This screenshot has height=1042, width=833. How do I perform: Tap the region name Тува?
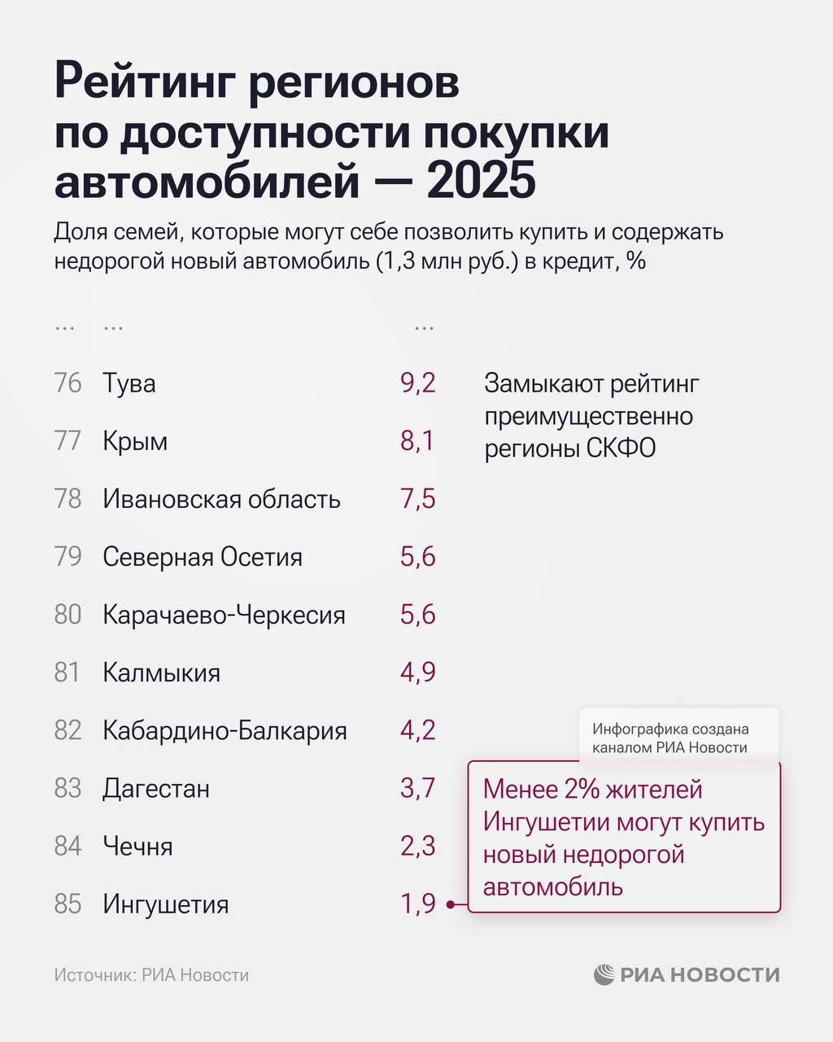(x=129, y=383)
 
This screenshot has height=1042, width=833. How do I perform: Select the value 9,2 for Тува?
(x=417, y=383)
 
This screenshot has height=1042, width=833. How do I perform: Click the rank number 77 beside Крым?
(x=68, y=441)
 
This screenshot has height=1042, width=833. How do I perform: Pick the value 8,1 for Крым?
(x=417, y=441)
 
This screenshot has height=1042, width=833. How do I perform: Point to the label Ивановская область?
(x=221, y=499)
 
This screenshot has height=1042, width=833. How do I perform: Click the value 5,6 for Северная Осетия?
(x=417, y=557)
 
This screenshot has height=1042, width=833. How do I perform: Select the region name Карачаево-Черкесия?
(x=224, y=615)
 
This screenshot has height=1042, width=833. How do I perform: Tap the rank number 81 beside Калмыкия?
(x=68, y=672)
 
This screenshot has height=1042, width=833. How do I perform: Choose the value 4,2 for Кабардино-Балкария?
(x=417, y=730)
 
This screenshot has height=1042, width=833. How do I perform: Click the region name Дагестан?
(x=156, y=788)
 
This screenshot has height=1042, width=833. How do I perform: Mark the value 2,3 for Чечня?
(x=417, y=846)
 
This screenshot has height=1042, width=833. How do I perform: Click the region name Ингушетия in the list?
(x=165, y=904)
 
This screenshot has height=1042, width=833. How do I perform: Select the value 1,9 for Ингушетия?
(x=417, y=904)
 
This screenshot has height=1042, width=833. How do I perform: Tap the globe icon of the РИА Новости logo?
(x=604, y=974)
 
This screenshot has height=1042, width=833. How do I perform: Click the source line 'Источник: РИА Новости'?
(x=151, y=975)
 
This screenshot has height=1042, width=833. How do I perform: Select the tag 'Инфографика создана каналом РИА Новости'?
(x=670, y=738)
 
